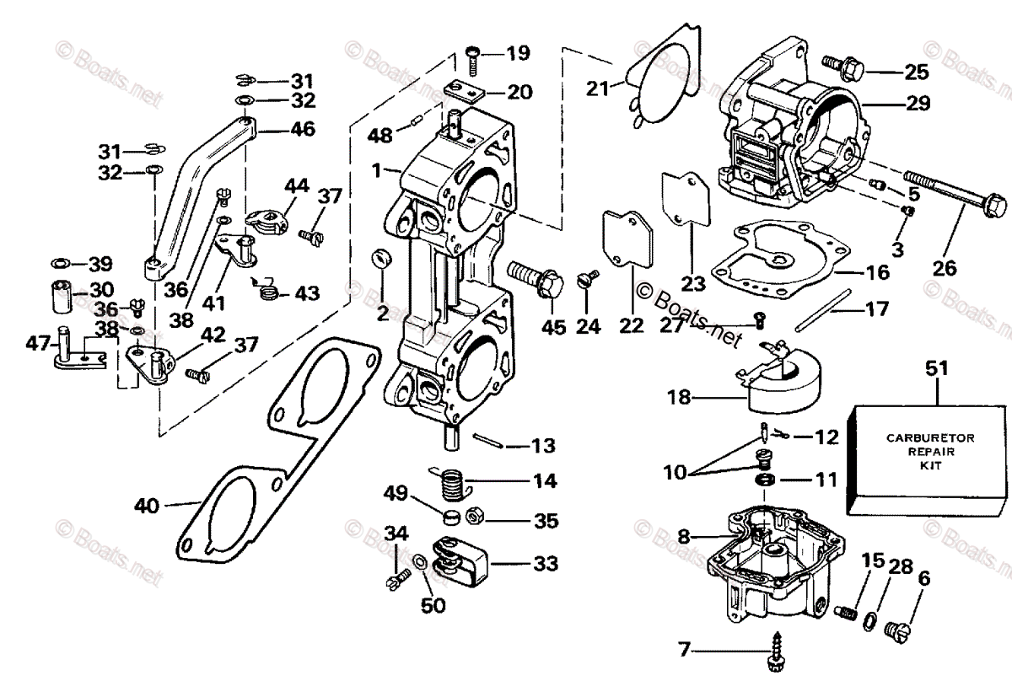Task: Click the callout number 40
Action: [147, 507]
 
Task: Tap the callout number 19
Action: [518, 53]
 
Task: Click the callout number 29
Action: [918, 104]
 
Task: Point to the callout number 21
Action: [598, 87]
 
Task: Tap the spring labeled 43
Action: [268, 292]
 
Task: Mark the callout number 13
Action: [545, 444]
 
